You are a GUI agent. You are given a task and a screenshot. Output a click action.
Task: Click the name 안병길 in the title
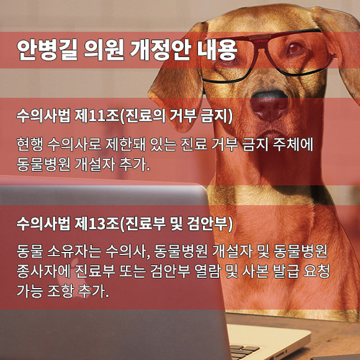pyautogui.click(x=47, y=50)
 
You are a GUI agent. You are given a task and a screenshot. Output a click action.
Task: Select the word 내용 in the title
pyautogui.click(x=217, y=50)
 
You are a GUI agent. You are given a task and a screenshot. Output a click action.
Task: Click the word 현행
pyautogui.click(x=30, y=145)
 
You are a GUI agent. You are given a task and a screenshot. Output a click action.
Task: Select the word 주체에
pyautogui.click(x=293, y=145)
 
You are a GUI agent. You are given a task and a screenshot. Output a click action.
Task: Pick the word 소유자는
pyautogui.click(x=74, y=251)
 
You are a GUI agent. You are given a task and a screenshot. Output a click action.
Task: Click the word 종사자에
pyautogui.click(x=43, y=271)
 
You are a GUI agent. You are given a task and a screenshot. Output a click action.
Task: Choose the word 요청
pyautogui.click(x=317, y=271)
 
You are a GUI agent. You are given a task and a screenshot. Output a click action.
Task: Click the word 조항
pyautogui.click(x=60, y=290)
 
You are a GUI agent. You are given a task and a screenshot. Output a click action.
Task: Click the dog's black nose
pyautogui.click(x=269, y=104)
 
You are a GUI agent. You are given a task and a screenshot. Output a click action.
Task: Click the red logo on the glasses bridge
pyautogui.click(x=260, y=42)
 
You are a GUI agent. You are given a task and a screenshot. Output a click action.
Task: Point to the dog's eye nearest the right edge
pyautogui.click(x=295, y=48)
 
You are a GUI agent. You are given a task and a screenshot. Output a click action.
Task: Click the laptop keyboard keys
pyautogui.click(x=244, y=352)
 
